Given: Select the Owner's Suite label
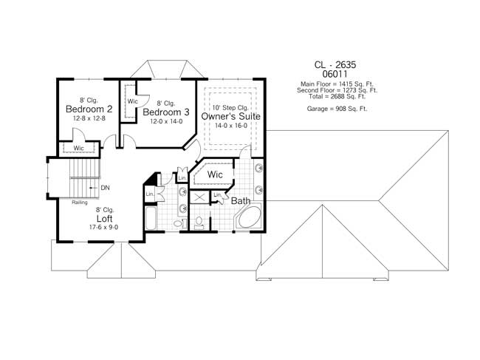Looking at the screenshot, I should coord(230,116).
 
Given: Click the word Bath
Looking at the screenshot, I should coord(240,200).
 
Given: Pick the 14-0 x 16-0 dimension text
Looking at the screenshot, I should coord(231,126).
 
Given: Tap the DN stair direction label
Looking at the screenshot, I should coord(105,187).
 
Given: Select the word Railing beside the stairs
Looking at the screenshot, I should coord(80,202).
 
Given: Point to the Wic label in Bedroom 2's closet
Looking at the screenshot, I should coord(79,149).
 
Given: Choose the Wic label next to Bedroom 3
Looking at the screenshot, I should coord(133,101).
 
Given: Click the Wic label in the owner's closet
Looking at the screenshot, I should coord(215,174).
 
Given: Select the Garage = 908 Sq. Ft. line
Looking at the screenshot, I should coord(337,109).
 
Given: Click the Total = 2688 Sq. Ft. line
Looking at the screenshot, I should coord(337,95).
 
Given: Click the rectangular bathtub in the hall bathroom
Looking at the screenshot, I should coord(151,219).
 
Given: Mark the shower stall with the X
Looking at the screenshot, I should coord(199,197).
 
